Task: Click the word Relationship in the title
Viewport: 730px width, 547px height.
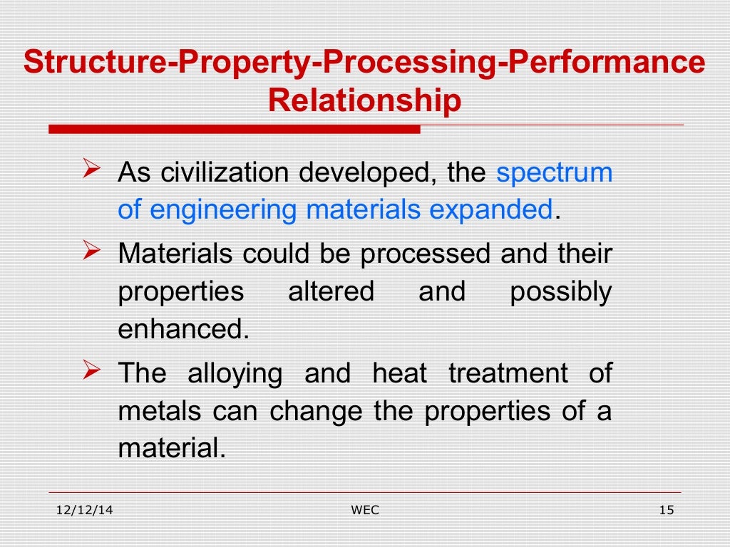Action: [x=364, y=100]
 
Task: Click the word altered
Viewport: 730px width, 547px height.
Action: [x=331, y=292]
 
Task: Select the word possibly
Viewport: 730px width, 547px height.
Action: [x=560, y=292]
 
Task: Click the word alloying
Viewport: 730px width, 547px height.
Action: [x=235, y=373]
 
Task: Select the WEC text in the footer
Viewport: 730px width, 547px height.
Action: [x=364, y=510]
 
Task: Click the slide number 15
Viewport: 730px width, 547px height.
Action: [x=667, y=510]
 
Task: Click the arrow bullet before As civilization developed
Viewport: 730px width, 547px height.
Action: [x=91, y=171]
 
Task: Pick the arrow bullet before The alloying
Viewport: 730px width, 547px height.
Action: [x=91, y=371]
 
